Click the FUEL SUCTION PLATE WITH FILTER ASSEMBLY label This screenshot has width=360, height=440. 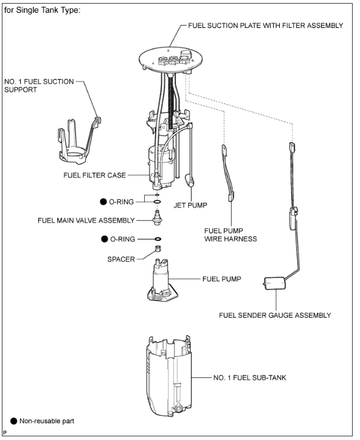pyautogui.click(x=265, y=26)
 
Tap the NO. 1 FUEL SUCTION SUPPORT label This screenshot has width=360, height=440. pyautogui.click(x=39, y=86)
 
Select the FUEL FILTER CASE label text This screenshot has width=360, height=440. pyautogui.click(x=95, y=175)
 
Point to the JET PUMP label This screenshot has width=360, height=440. pyautogui.click(x=190, y=205)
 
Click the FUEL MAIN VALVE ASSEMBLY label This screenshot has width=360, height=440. pyautogui.click(x=86, y=220)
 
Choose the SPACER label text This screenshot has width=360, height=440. pyautogui.click(x=121, y=259)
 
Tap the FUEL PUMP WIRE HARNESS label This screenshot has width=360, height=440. pyautogui.click(x=230, y=235)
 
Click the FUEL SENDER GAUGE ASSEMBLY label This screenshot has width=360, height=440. pyautogui.click(x=275, y=315)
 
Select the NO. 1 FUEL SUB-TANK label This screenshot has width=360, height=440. pyautogui.click(x=250, y=377)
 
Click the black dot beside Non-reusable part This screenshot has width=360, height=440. pyautogui.click(x=14, y=421)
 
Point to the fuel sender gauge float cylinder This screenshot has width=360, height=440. pyautogui.click(x=275, y=283)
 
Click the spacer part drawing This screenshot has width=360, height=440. pyautogui.click(x=158, y=248)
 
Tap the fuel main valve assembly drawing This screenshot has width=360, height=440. pyautogui.click(x=157, y=218)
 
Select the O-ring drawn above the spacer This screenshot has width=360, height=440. pyautogui.click(x=158, y=239)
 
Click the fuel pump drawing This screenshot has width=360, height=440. pyautogui.click(x=162, y=281)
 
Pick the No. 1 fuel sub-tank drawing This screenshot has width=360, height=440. pyautogui.click(x=168, y=376)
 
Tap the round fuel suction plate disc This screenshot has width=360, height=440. pyautogui.click(x=170, y=59)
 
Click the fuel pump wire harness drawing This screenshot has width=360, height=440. pyautogui.click(x=228, y=173)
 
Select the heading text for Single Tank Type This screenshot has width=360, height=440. pyautogui.click(x=43, y=10)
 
